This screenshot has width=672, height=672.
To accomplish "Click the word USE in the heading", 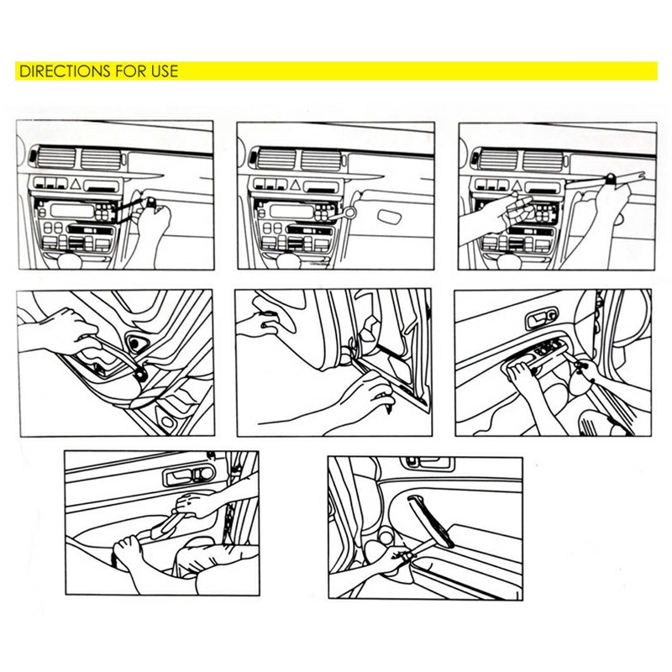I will [164, 71].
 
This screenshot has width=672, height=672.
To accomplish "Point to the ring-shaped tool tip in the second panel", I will [344, 221].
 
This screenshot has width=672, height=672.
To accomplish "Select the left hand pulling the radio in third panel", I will [487, 214].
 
